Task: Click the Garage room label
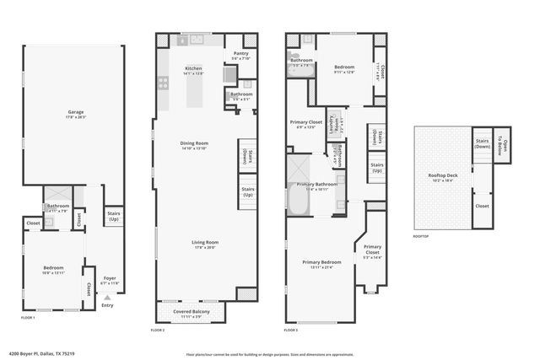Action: click(75, 110)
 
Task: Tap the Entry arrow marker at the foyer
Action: click(106, 298)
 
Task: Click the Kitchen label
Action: click(193, 68)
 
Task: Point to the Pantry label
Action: click(240, 52)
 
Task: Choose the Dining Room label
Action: click(194, 143)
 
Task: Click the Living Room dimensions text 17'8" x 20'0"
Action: click(205, 248)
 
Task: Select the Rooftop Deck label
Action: click(443, 175)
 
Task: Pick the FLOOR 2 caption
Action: click(158, 330)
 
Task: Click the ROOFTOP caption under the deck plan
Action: click(420, 236)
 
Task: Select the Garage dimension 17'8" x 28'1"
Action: click(75, 116)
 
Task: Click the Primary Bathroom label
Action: click(317, 184)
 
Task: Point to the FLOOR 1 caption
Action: click(29, 318)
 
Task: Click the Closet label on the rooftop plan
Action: click(482, 206)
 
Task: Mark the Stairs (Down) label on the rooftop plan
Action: click(482, 144)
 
